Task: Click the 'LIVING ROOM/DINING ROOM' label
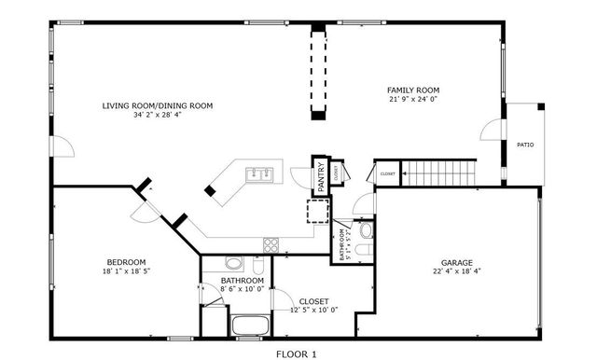[x=158, y=105]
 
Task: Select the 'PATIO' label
[x=525, y=145]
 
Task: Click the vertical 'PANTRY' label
[x=320, y=176]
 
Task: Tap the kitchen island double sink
[x=258, y=173]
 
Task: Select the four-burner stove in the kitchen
[x=271, y=245]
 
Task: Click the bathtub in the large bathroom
[x=249, y=325]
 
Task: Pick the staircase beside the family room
[x=437, y=172]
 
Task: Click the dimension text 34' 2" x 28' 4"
[x=158, y=116]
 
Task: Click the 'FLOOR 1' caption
[x=298, y=353]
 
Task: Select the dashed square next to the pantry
[x=319, y=213]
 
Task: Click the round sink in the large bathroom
[x=233, y=263]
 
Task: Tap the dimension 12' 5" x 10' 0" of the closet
[x=313, y=310]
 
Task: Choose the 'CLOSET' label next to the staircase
[x=387, y=173]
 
